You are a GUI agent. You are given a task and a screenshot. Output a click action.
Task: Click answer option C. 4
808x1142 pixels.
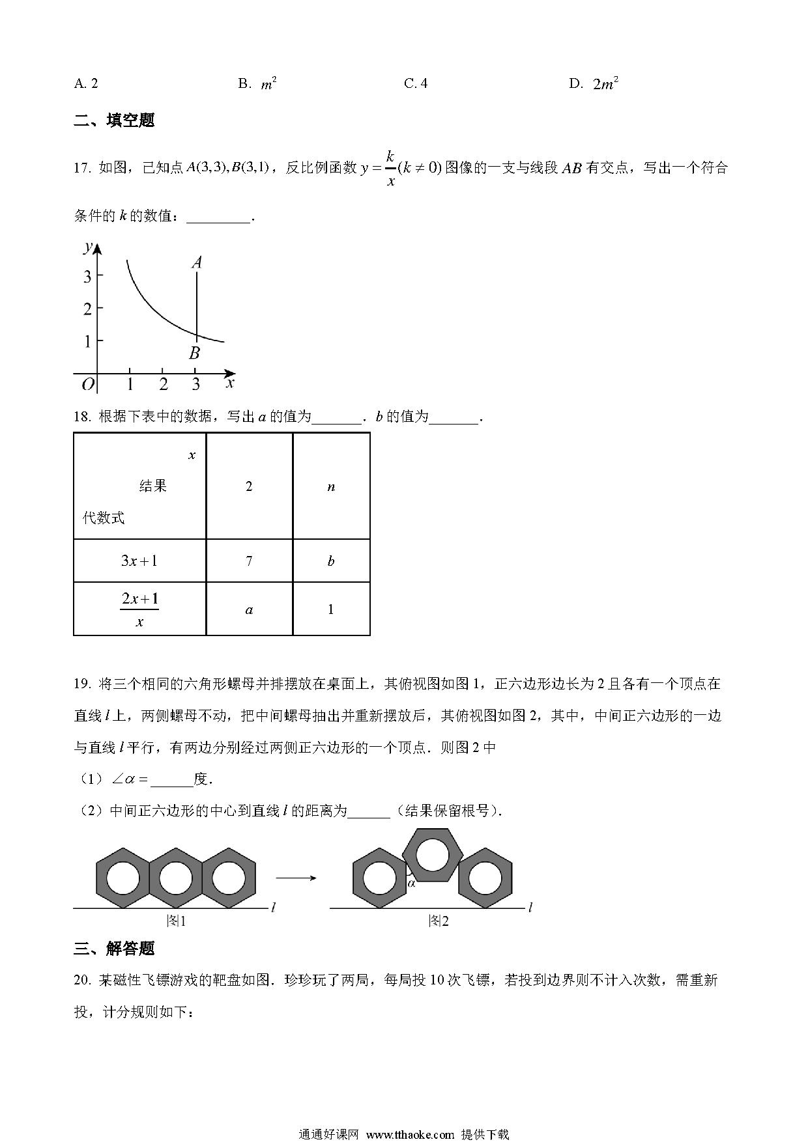coord(416,83)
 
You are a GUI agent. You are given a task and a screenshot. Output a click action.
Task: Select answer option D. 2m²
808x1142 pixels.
coord(593,83)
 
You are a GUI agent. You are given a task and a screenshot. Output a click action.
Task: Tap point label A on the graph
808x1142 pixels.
coord(196,262)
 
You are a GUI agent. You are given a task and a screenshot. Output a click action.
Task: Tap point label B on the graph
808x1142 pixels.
coord(194,354)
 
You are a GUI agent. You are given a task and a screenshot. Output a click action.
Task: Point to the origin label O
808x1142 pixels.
coord(88,384)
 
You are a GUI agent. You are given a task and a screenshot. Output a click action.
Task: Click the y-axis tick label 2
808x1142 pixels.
coord(88,309)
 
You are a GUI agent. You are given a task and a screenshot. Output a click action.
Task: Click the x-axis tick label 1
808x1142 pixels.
coord(130,385)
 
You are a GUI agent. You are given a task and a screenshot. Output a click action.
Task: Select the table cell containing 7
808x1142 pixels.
coord(249,561)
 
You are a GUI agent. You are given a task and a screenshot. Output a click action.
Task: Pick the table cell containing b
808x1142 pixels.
coord(331,561)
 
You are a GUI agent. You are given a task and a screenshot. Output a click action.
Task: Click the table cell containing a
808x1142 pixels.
coord(249,609)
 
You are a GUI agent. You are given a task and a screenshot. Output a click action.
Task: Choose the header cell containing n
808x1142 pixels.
coord(331,486)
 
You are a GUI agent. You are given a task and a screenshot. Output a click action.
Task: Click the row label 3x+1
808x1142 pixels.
coord(139,561)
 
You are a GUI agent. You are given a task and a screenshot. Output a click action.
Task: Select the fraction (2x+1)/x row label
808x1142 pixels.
coord(139,609)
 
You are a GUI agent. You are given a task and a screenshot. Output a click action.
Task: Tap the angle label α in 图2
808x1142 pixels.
coord(412,883)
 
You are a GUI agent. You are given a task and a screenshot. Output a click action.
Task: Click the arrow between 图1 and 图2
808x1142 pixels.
coord(296,878)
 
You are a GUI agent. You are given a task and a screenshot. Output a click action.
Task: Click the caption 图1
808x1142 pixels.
coord(176,921)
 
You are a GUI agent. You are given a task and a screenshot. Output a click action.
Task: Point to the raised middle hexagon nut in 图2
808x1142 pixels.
coord(433,854)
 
